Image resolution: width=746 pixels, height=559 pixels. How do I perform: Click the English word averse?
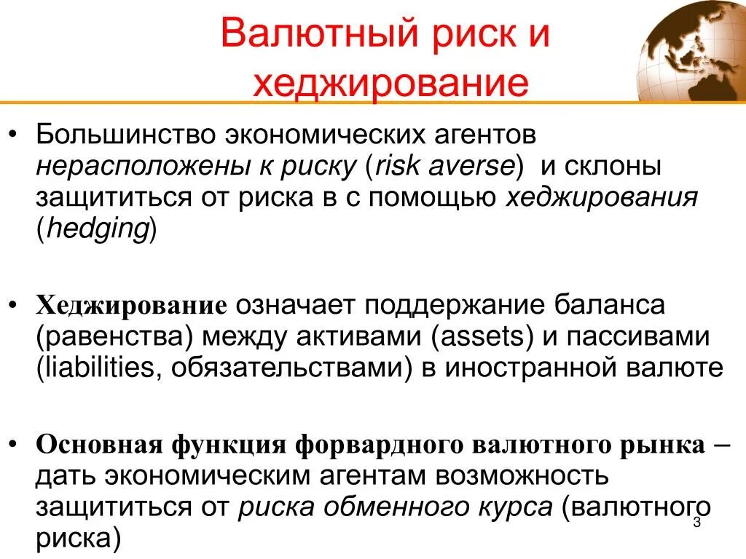[475, 167]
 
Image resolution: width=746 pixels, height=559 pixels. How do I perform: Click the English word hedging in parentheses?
[98, 229]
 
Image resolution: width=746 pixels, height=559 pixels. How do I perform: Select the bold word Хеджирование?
[133, 304]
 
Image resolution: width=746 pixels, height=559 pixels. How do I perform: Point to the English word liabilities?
[98, 368]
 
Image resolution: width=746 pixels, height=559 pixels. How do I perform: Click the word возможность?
[521, 476]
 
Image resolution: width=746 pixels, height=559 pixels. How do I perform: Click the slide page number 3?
[696, 523]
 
